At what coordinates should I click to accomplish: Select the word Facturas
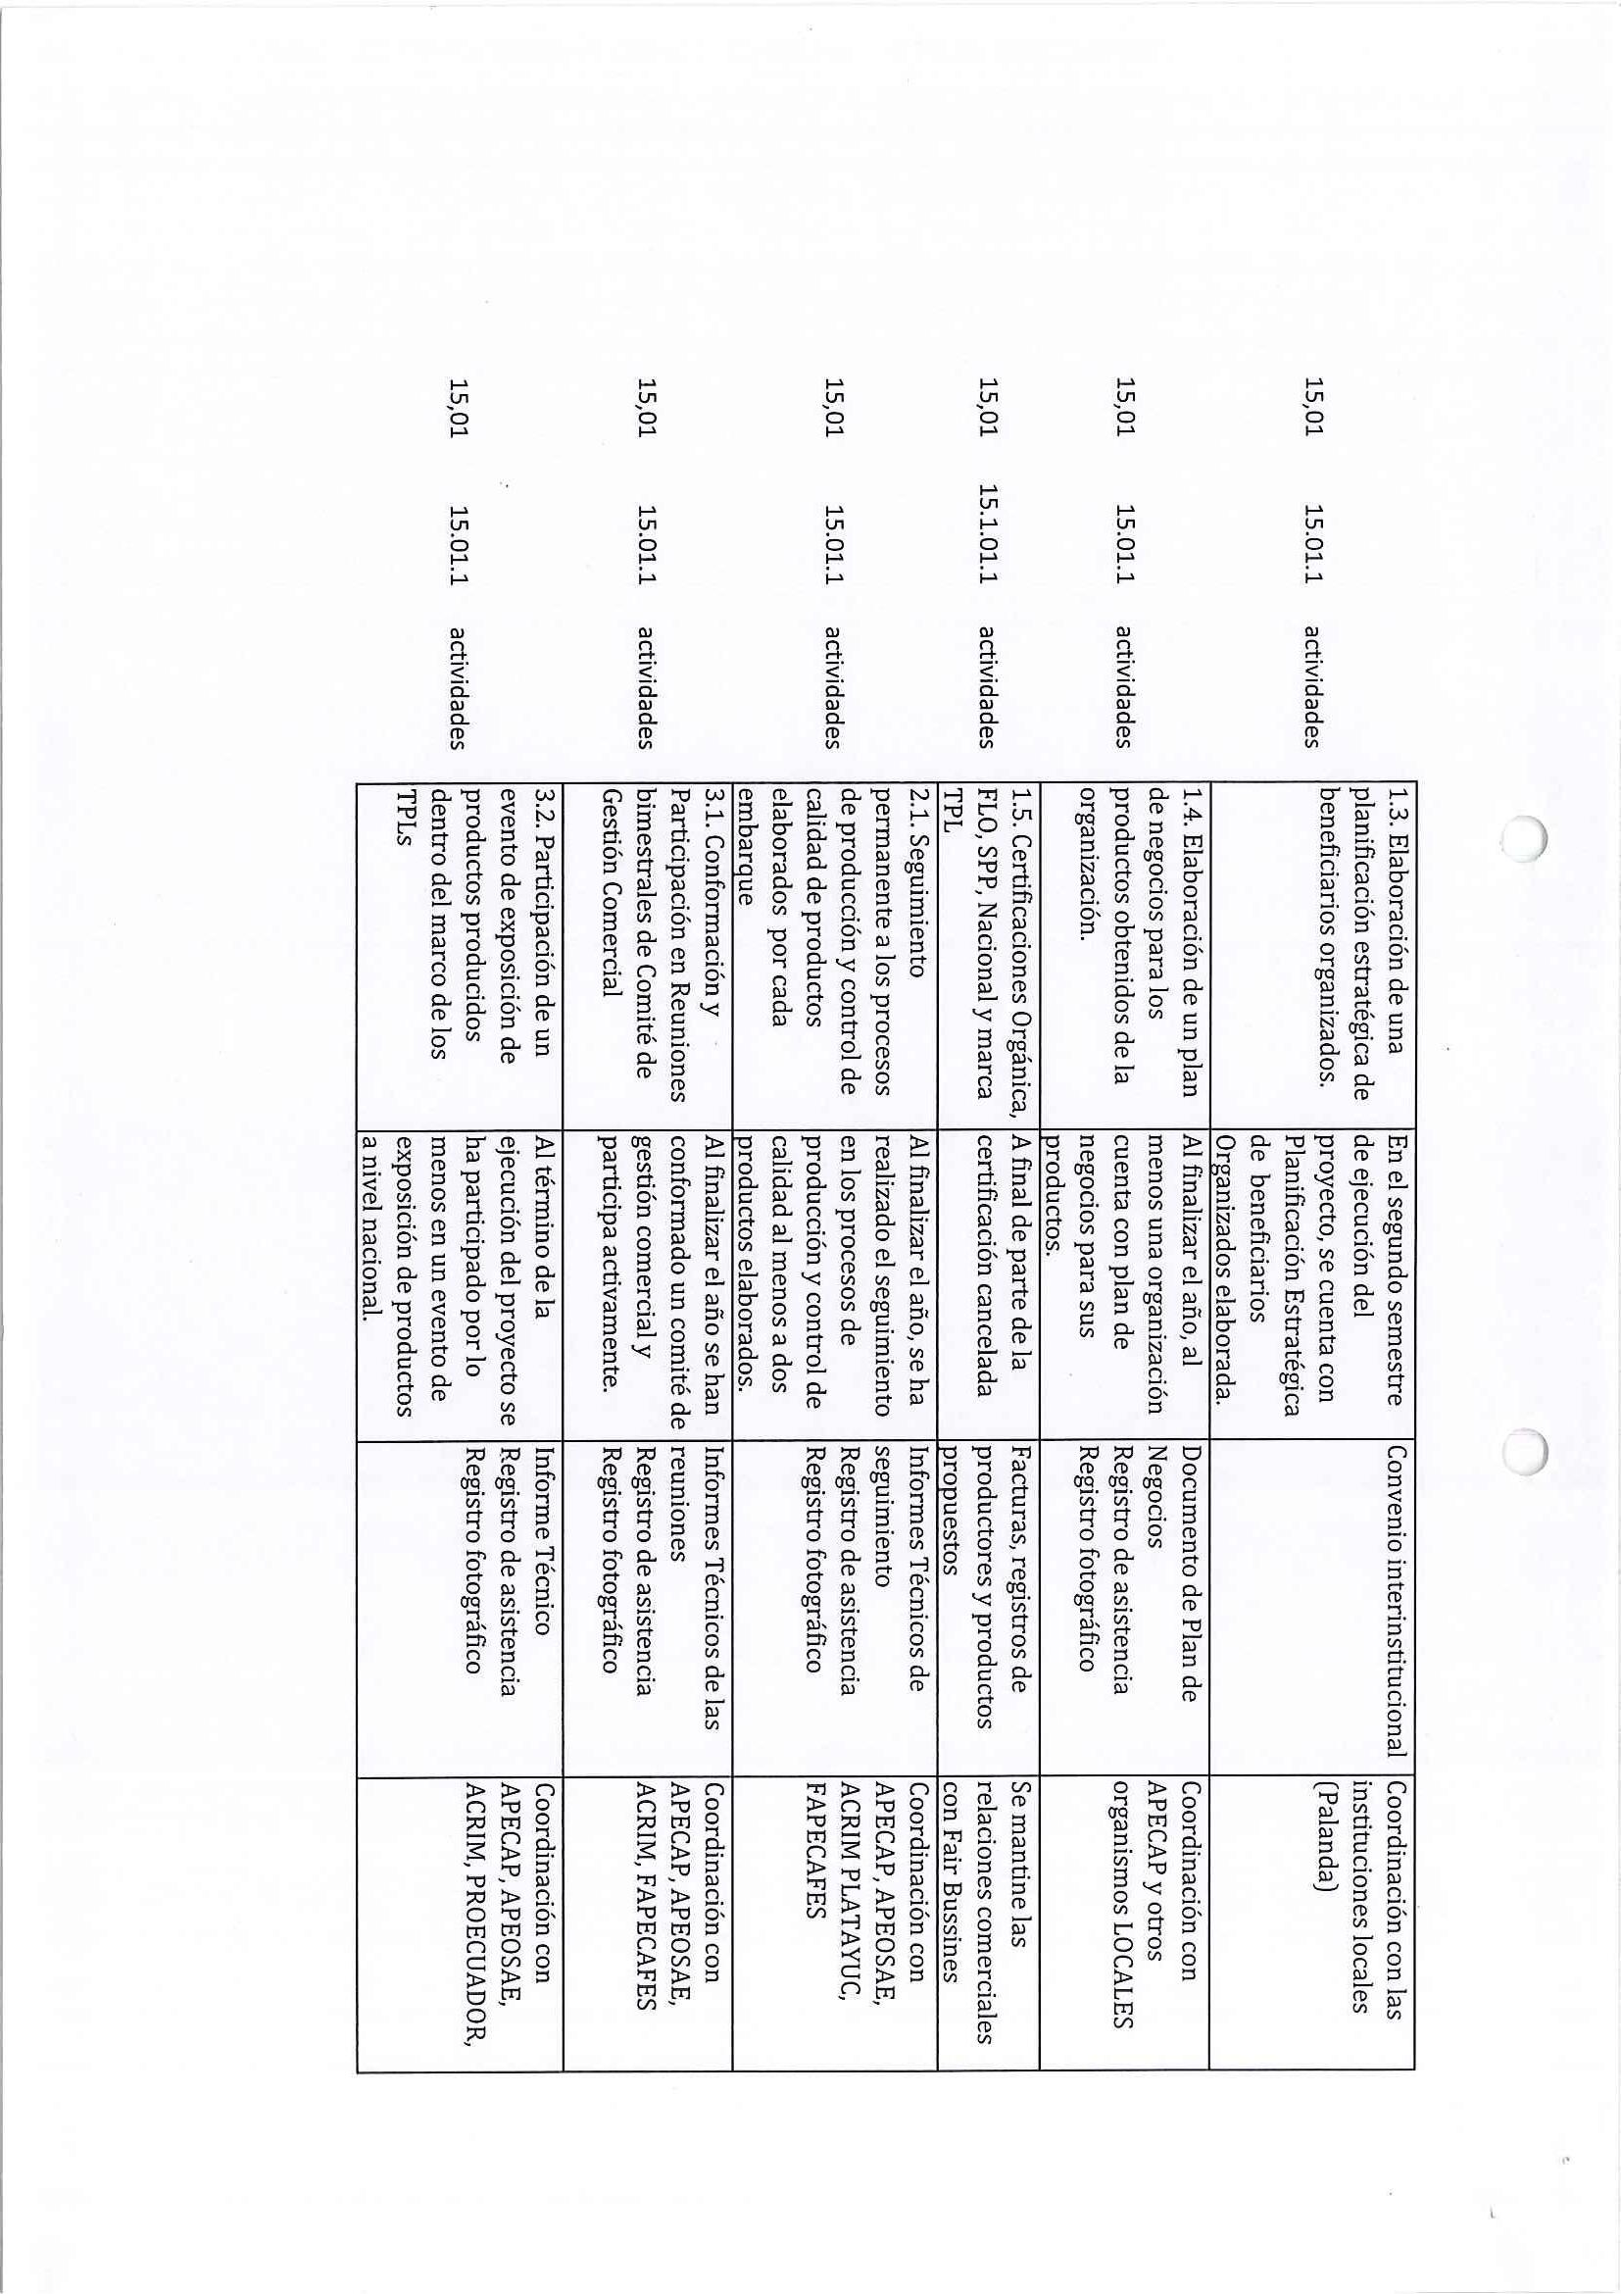pos(1020,1487)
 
